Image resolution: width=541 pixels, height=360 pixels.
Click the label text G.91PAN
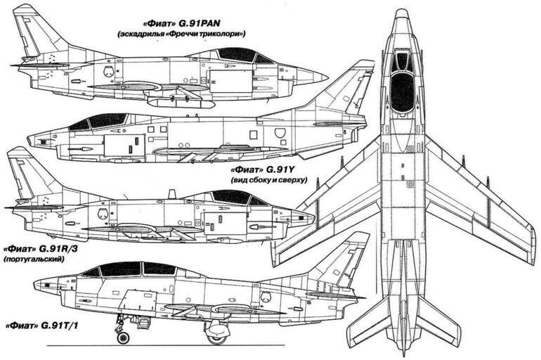coord(200,23)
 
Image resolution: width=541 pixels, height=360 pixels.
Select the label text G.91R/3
coord(58,249)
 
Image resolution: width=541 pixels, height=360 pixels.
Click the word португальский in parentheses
coord(34,259)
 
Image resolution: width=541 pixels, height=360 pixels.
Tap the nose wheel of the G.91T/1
coord(123,337)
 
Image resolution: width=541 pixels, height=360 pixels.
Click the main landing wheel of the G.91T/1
coord(216,337)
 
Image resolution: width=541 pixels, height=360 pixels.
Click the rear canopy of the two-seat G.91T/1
coord(159,268)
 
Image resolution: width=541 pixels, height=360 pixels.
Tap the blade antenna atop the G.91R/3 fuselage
coord(171,194)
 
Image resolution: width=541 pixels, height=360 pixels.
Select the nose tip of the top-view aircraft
coord(401,10)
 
